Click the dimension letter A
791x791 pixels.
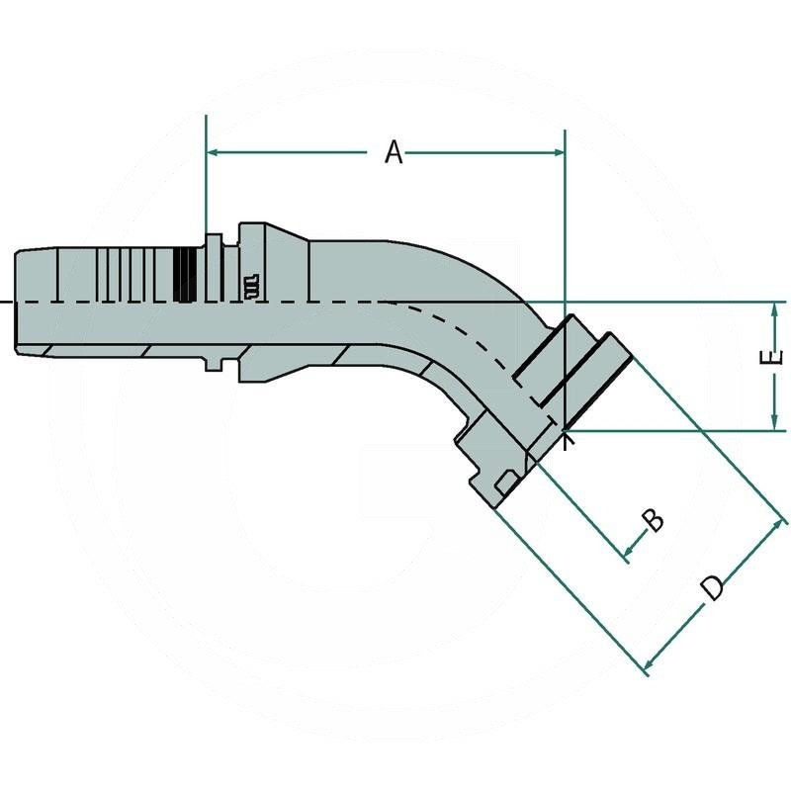395,153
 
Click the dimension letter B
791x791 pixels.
653,518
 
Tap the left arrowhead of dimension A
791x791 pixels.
213,153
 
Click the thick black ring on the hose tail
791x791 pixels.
183,274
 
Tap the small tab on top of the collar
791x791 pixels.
213,240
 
